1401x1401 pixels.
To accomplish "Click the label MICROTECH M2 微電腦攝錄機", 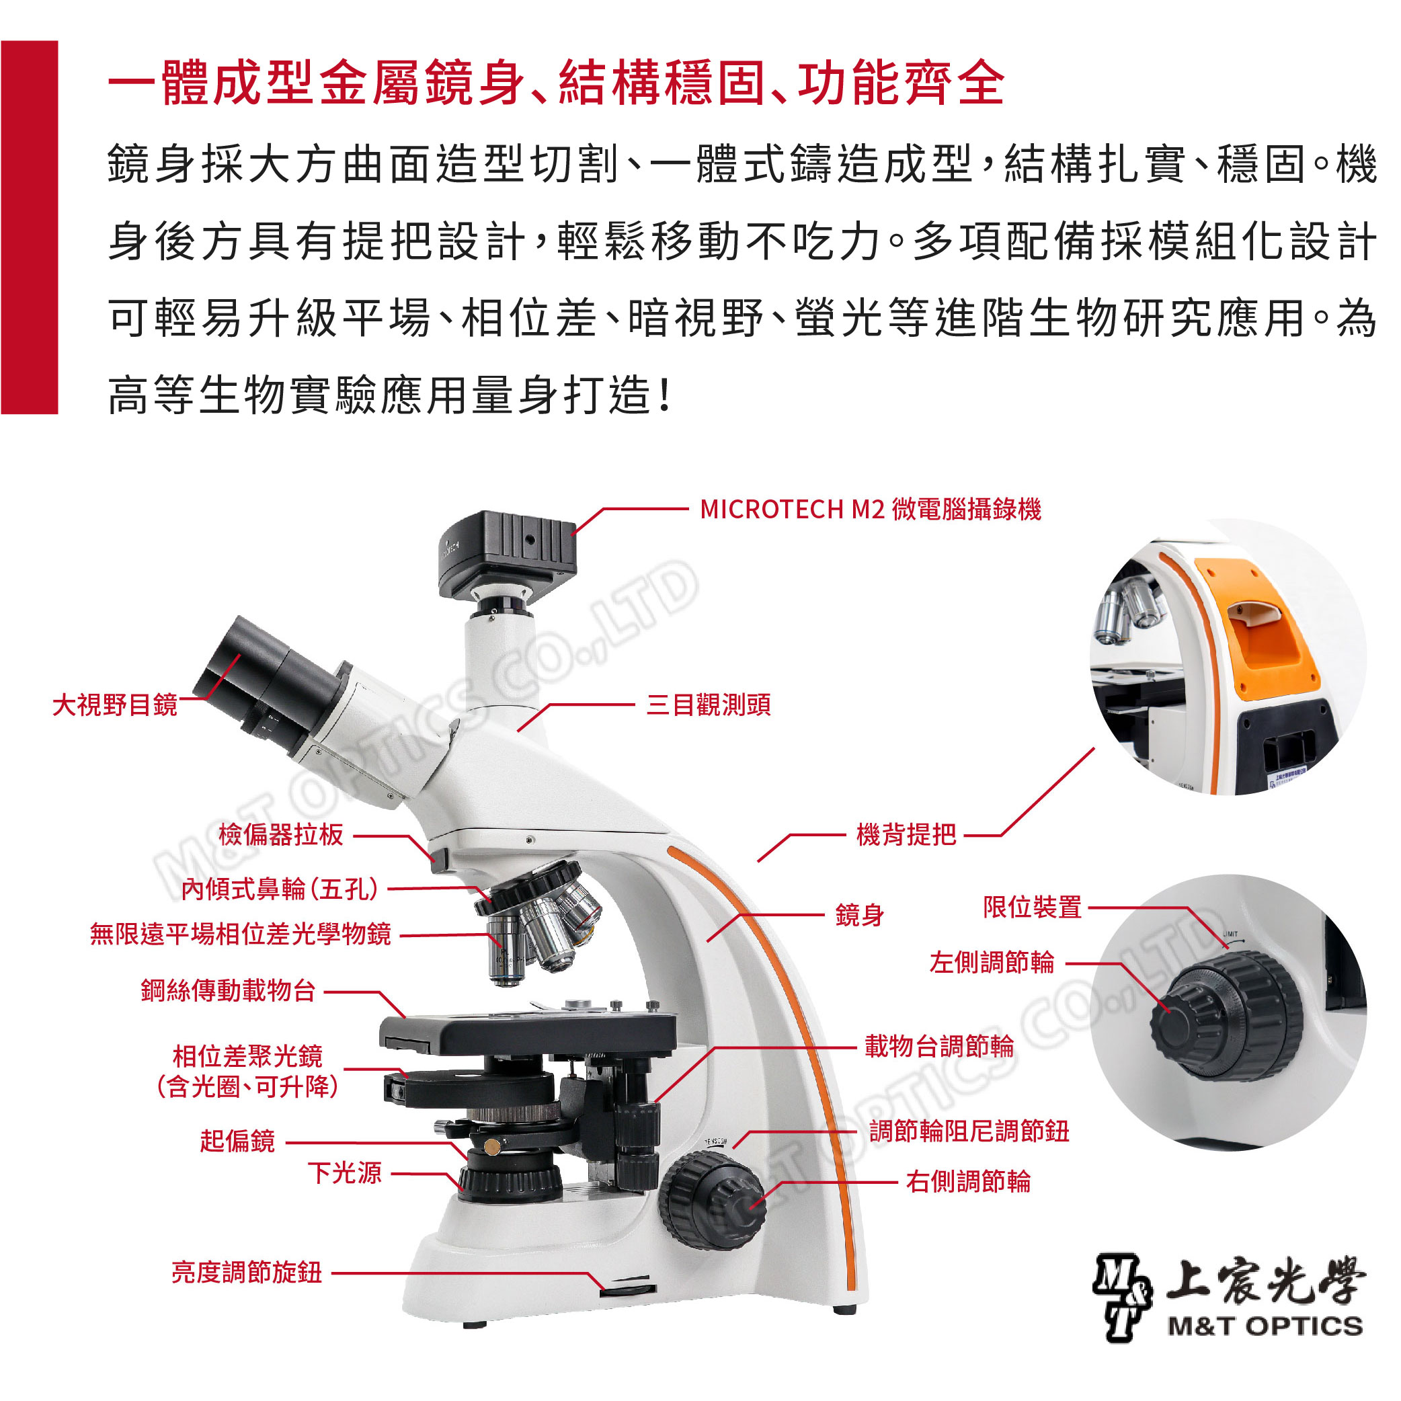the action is [870, 509].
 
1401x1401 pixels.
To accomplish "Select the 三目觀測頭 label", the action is [709, 704].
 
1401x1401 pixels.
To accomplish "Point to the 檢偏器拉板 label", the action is [280, 835].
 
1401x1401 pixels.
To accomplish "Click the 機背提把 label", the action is [906, 835].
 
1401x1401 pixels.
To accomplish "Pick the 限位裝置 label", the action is [1032, 906].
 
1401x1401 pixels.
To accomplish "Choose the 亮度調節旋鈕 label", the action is [247, 1273].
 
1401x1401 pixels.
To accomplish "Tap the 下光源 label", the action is [344, 1172].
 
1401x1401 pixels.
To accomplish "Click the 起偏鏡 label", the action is [237, 1141].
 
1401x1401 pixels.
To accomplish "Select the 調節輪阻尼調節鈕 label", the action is [969, 1131].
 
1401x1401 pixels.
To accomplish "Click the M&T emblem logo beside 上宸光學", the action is [1123, 1297].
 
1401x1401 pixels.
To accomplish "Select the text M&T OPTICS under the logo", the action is [1265, 1326].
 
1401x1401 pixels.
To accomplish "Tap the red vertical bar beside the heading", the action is [29, 227].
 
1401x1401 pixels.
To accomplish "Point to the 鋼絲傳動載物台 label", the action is [229, 990].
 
